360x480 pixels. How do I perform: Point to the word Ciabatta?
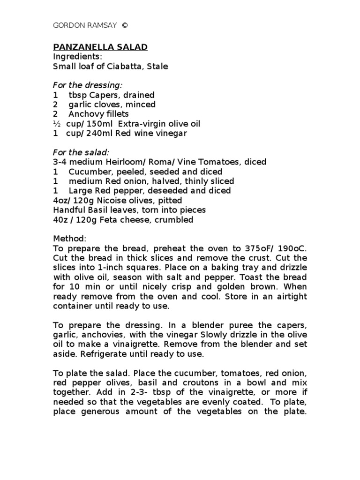(126, 67)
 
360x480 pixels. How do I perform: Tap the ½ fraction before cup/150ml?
(56, 124)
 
